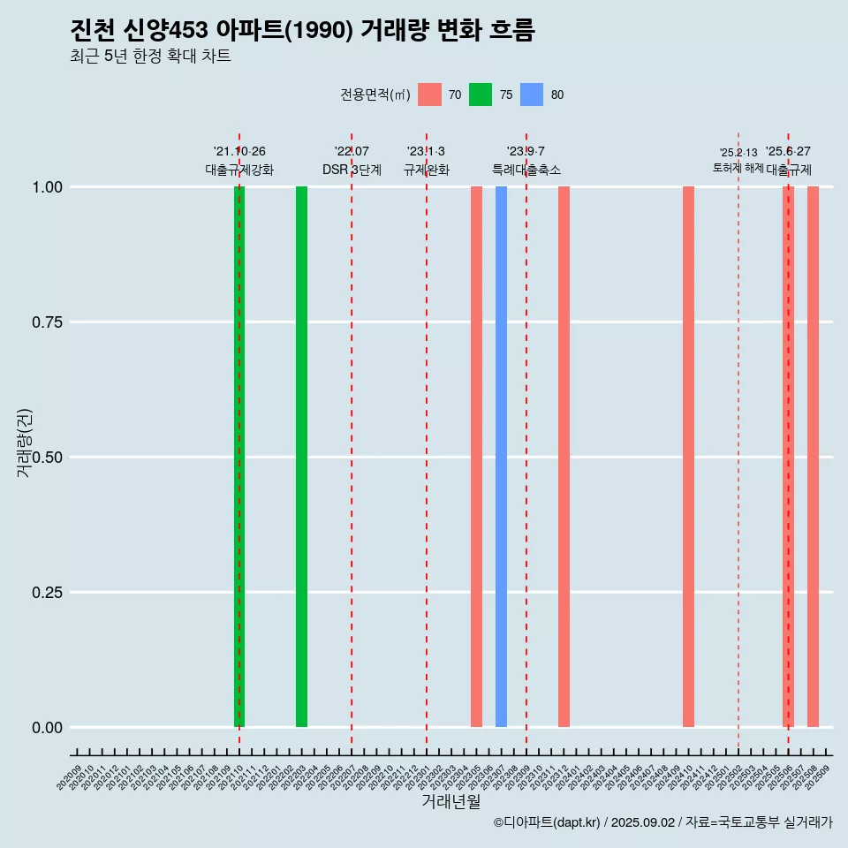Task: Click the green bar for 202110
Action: [x=238, y=457]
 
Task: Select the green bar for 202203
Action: [x=301, y=457]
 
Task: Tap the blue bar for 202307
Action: [x=501, y=457]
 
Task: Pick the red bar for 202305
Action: [x=476, y=457]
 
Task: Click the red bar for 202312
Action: [x=564, y=457]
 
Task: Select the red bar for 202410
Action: [x=688, y=457]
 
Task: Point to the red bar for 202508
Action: [x=813, y=457]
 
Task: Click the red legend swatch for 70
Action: [x=429, y=95]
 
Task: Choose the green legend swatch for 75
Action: [x=481, y=95]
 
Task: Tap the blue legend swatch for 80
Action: [x=532, y=95]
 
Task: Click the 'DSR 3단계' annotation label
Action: [x=352, y=170]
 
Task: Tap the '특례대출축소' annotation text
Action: [x=526, y=170]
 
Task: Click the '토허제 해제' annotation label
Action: [x=738, y=168]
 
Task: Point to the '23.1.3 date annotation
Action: [x=426, y=151]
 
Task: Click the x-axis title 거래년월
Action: [x=450, y=802]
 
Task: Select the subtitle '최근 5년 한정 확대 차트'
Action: [x=150, y=57]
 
